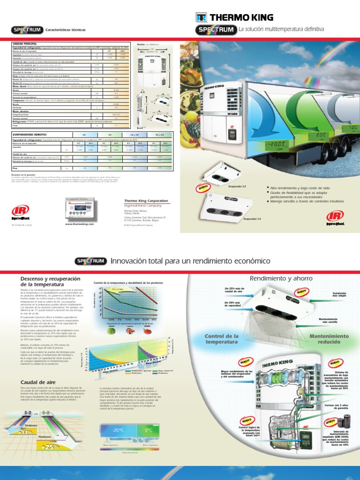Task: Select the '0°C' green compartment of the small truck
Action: (x=150, y=430)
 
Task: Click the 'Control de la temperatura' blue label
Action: (x=222, y=339)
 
